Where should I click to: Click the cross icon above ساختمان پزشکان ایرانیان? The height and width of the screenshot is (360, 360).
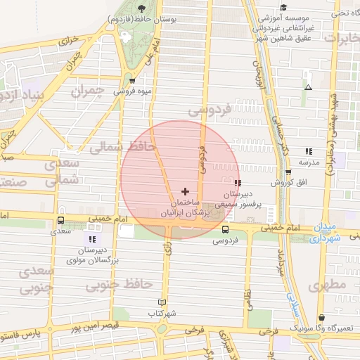coord(185,191)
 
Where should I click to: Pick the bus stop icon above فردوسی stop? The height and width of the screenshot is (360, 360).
coord(225,229)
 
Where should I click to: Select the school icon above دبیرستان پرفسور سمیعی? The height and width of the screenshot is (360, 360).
coord(237,183)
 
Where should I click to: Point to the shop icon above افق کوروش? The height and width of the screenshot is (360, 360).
coord(288,172)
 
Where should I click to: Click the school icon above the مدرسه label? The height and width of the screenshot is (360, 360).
coord(308,151)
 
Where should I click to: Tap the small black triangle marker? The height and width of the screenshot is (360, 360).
coord(308,88)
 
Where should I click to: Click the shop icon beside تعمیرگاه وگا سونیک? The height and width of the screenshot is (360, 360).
coord(322,318)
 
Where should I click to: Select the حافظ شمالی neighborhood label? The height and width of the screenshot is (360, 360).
coord(117,147)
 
